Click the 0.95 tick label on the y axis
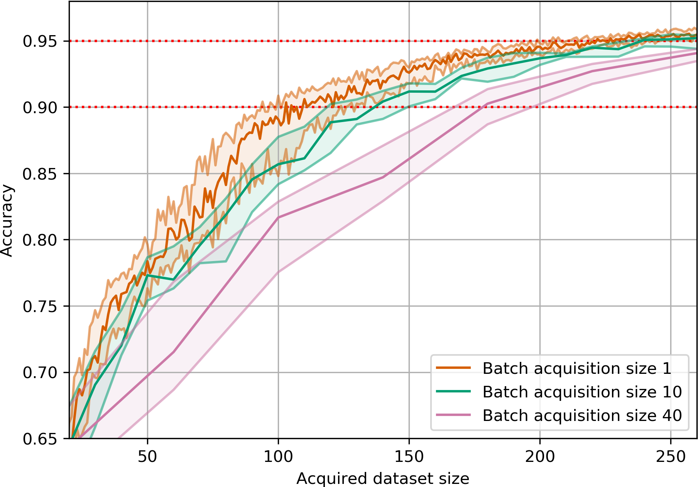(39, 41)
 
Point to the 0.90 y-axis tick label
(39, 107)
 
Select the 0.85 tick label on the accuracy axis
(39, 174)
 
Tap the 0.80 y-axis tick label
(39, 240)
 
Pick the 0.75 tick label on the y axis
(39, 306)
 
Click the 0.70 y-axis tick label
(39, 373)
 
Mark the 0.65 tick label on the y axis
(39, 439)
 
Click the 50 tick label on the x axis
(147, 456)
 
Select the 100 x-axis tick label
(278, 456)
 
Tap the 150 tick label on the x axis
(409, 456)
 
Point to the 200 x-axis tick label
(540, 456)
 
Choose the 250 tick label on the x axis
(671, 456)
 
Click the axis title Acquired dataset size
(383, 479)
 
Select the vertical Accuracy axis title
(7, 221)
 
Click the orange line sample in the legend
(453, 368)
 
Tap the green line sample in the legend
(453, 392)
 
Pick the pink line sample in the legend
(453, 415)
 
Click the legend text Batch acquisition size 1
(577, 368)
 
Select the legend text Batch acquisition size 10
(582, 392)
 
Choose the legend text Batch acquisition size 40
(582, 416)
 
